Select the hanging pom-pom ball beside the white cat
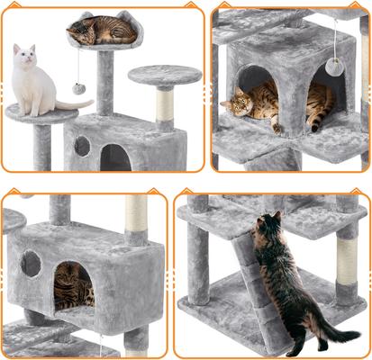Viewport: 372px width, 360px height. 78,88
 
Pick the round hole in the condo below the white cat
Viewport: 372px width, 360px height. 82,146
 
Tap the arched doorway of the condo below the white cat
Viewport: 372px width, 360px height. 114,157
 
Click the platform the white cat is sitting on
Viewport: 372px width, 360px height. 41,113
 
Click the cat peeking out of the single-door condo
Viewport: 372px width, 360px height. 72,287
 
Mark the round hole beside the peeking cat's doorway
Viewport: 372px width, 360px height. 31,264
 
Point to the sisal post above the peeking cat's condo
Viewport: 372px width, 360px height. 135,218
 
